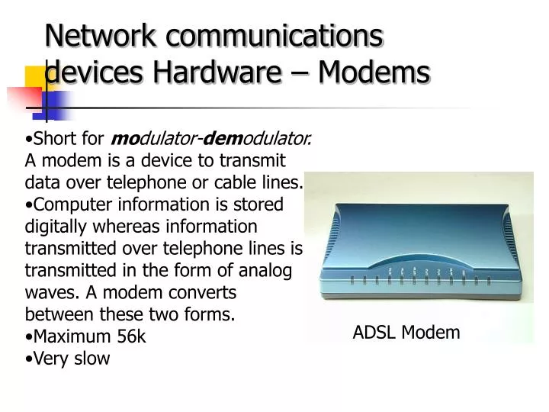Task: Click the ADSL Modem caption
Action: (406, 332)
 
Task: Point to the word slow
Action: (92, 359)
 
